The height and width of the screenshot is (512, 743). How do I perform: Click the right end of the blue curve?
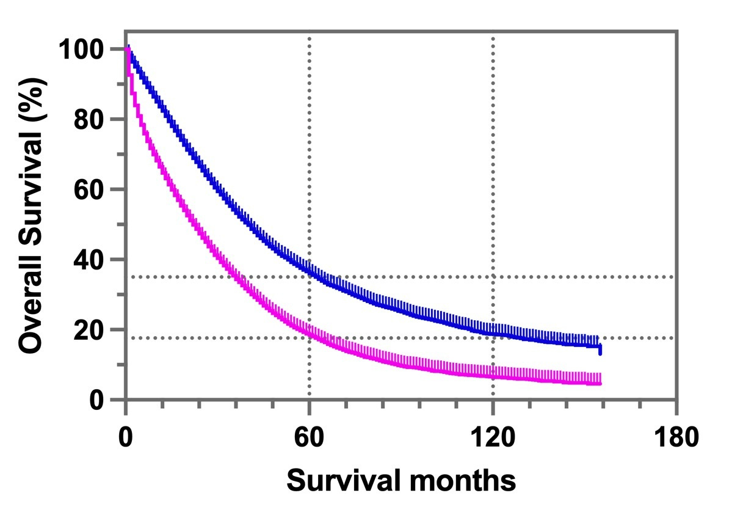(x=600, y=348)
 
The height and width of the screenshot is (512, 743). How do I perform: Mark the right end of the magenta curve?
(x=600, y=383)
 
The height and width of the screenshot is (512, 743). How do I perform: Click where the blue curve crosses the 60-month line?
(x=310, y=271)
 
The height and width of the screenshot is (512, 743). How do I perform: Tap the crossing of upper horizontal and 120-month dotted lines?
(x=493, y=277)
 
